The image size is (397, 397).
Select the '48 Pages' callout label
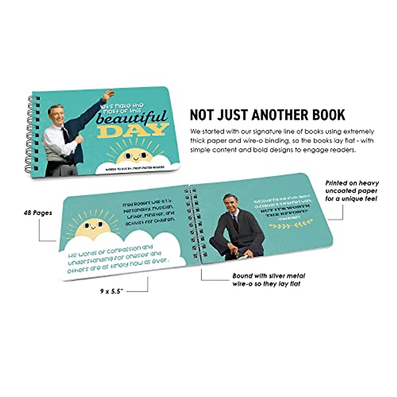pos(38,213)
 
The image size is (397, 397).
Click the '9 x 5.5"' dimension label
pos(112,291)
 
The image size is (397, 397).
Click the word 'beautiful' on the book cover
pos(132,116)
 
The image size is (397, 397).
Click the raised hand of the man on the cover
pos(108,95)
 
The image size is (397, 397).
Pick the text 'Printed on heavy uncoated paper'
pos(352,191)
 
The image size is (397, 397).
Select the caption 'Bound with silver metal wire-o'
pos(268,280)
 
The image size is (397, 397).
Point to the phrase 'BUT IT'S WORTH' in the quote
pos(279,210)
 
